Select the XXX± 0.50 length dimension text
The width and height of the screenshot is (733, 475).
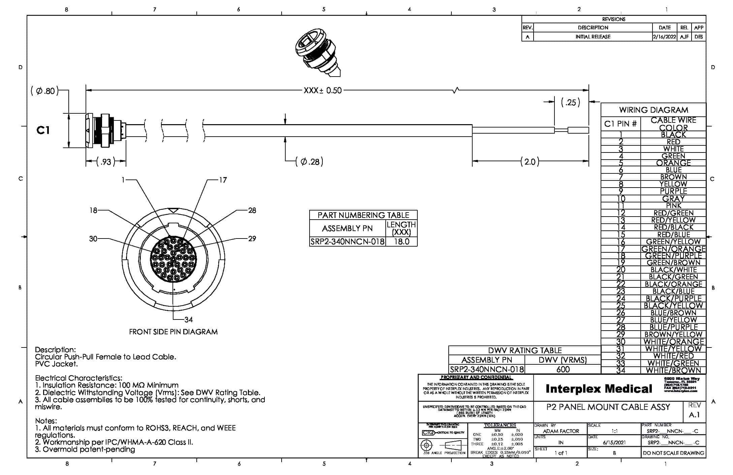coord(322,90)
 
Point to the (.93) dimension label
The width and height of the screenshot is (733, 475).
coord(106,162)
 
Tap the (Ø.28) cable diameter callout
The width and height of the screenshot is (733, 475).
coord(309,162)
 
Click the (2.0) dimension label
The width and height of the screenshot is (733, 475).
coord(530,162)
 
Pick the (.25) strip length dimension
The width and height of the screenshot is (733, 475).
coord(570,102)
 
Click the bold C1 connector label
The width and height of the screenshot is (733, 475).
coord(43,130)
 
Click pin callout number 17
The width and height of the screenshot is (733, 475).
coord(223,180)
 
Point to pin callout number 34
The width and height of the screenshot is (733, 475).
coord(189,319)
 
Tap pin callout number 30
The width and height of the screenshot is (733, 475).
coord(93,239)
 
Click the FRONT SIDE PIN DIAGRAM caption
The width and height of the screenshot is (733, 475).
coord(173,332)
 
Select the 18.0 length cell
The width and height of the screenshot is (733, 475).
coord(401,242)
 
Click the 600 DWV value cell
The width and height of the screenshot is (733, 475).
coord(563,369)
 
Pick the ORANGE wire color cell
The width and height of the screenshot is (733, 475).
coord(673,163)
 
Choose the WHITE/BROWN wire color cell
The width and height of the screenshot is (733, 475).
coord(673,370)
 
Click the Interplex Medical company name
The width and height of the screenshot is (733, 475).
coord(599,389)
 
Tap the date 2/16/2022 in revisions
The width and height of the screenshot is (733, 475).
coord(664,37)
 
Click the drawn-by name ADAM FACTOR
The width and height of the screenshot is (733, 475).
coord(561,431)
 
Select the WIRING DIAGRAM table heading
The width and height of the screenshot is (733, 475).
coord(653,110)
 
